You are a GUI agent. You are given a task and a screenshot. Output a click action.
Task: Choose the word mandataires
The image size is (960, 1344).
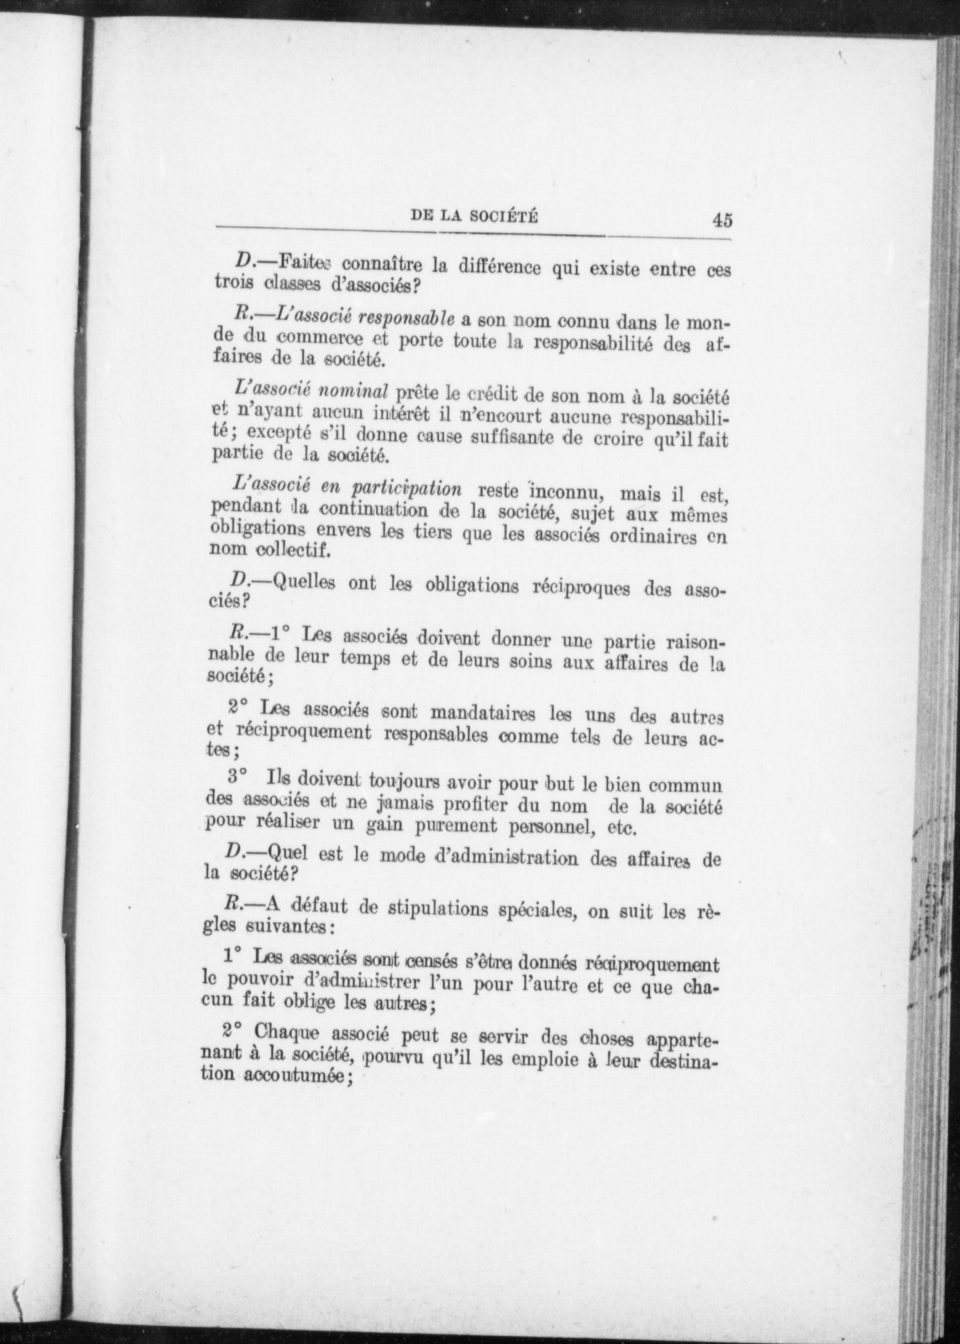coord(481,714)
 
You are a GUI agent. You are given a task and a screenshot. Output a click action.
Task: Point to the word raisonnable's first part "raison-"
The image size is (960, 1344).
coord(692,645)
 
